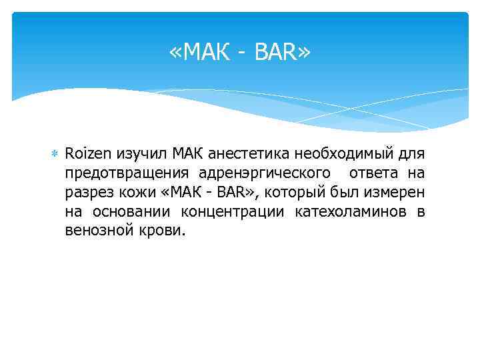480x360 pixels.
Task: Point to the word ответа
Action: coord(373,174)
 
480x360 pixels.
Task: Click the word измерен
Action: coord(392,193)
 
